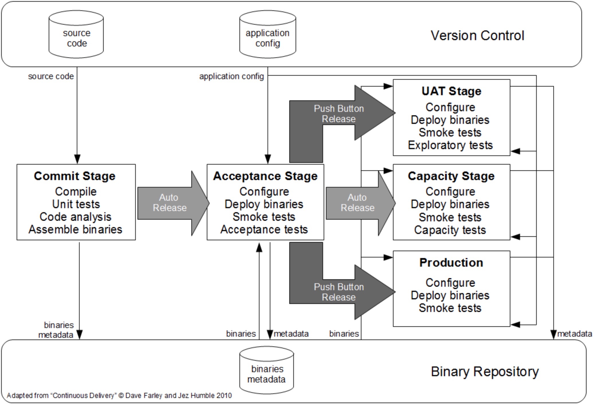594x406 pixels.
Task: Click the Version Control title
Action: point(477,36)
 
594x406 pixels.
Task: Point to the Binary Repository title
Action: point(485,372)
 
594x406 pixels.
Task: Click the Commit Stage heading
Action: point(75,176)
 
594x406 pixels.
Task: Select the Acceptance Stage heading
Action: point(265,176)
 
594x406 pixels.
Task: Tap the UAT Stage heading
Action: point(451,91)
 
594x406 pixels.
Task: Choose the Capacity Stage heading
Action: point(451,176)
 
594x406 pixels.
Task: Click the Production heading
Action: point(451,263)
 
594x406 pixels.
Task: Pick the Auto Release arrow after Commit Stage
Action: point(170,203)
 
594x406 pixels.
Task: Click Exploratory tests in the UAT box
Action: point(450,145)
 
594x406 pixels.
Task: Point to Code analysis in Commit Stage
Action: point(75,217)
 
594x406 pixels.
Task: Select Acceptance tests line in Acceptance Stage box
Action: point(264,230)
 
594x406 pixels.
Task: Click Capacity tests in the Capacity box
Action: point(450,230)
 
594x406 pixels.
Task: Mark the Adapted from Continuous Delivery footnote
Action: point(119,396)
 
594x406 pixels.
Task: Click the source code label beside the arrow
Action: point(51,77)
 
